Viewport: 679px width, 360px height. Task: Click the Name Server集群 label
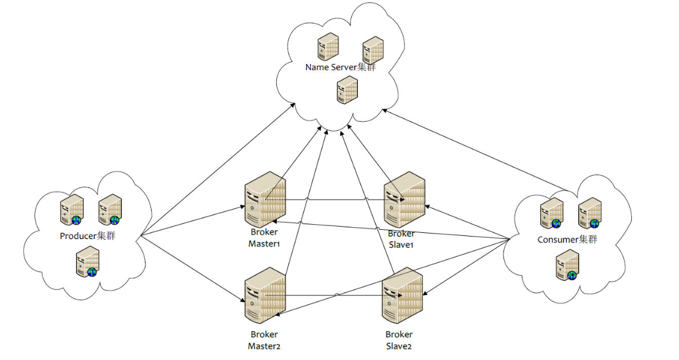tap(340, 67)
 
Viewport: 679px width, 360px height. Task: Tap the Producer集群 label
tap(87, 236)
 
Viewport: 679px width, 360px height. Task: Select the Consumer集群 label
tap(567, 240)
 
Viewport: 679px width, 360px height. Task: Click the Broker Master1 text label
tap(264, 238)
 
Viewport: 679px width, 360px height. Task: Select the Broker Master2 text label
tap(264, 340)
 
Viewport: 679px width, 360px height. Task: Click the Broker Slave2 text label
tap(399, 340)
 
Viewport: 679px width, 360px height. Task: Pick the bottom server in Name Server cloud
tap(346, 89)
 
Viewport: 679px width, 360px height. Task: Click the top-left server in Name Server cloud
tap(328, 45)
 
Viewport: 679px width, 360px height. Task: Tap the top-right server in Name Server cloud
tap(373, 49)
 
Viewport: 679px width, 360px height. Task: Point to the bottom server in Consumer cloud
tap(567, 268)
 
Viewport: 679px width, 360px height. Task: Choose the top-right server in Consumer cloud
tap(589, 212)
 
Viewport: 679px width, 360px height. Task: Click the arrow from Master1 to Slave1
tap(335, 200)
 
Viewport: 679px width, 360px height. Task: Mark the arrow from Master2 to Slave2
tap(335, 296)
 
